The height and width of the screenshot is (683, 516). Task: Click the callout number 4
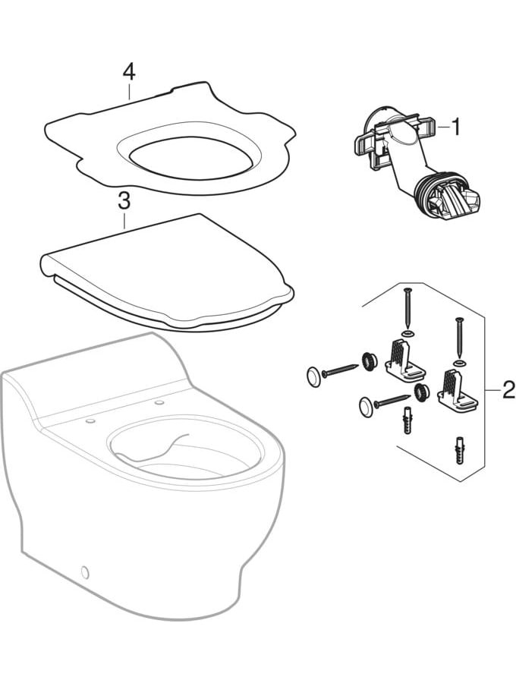[x=129, y=73]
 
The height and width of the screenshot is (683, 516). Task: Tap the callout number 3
[x=124, y=201]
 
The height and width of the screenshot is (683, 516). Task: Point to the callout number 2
[x=508, y=389]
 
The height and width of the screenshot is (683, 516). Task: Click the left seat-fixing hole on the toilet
[x=90, y=420]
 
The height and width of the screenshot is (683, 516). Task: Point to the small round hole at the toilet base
[x=85, y=573]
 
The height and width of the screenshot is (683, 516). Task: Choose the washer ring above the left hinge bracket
[x=408, y=334]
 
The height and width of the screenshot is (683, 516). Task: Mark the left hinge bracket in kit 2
[x=404, y=362]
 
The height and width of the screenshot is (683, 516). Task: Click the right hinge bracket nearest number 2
[x=458, y=390]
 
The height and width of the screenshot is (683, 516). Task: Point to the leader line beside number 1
[x=444, y=127]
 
